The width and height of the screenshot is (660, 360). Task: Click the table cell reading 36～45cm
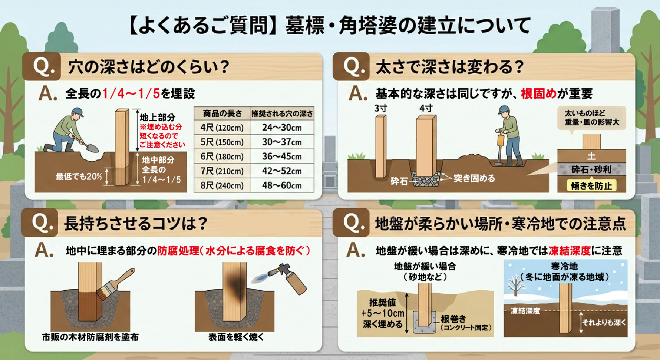(x=282, y=157)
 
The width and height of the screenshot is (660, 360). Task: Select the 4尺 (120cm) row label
(x=222, y=128)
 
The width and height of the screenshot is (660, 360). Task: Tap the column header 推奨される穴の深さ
(x=282, y=114)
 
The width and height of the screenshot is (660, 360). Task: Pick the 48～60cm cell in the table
(x=282, y=185)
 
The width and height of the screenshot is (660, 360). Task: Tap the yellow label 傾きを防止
(x=591, y=186)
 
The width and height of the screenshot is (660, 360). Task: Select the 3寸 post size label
(x=381, y=109)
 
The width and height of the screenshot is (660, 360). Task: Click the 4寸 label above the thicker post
(x=426, y=109)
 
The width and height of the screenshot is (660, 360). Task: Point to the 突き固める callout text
(x=474, y=179)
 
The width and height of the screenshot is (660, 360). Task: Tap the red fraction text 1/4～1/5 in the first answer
(x=131, y=94)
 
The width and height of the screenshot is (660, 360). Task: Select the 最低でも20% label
(x=78, y=177)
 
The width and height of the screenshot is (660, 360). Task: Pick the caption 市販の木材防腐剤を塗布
(x=90, y=337)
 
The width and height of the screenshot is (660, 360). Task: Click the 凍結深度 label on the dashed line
(x=525, y=311)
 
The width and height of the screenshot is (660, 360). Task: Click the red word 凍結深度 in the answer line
(x=570, y=251)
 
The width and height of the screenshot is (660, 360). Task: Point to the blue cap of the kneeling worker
(x=78, y=111)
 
